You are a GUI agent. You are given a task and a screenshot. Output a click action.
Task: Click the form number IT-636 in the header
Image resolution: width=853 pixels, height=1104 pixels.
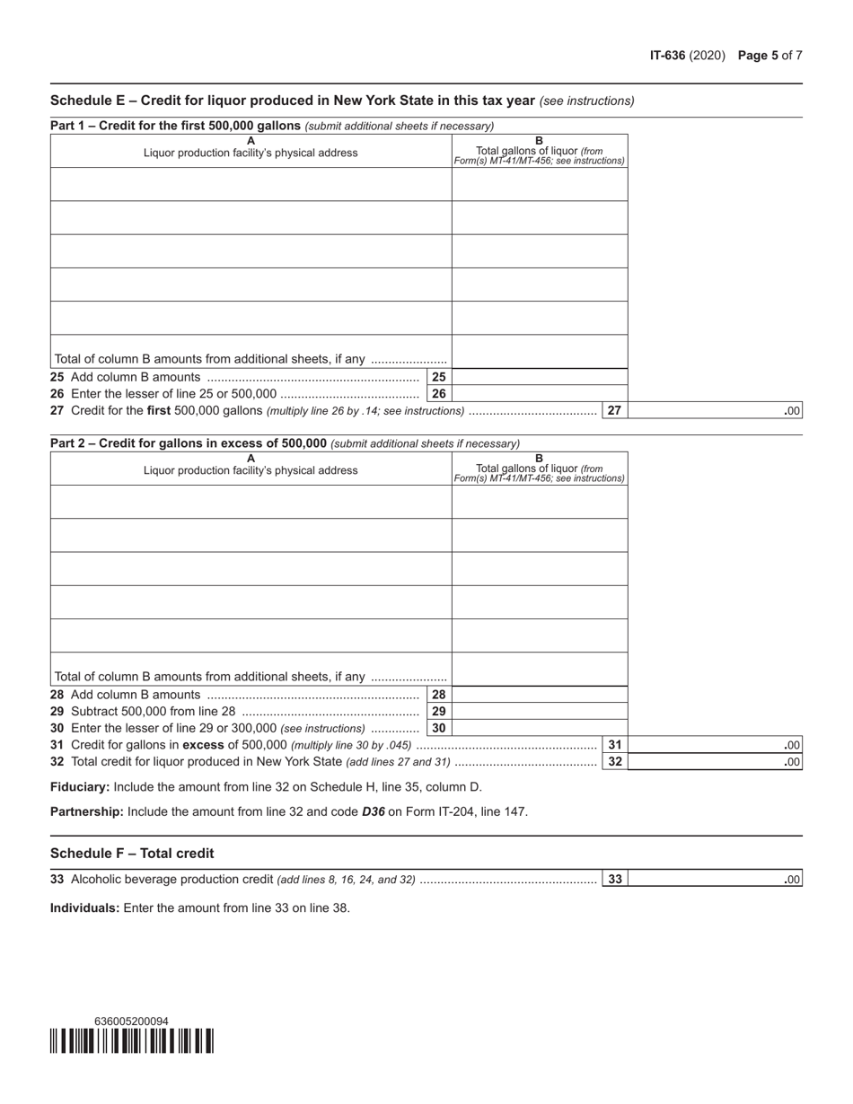(667, 56)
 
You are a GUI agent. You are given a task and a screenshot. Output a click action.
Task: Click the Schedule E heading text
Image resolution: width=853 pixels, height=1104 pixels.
(293, 100)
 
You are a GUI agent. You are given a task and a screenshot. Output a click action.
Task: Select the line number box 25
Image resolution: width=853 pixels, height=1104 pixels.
(438, 377)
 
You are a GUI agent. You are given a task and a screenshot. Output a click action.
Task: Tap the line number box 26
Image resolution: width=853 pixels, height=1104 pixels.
(438, 393)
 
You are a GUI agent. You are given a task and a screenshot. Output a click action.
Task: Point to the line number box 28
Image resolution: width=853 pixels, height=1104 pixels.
(438, 695)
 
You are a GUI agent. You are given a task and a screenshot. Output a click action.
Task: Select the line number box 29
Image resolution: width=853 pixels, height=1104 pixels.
(438, 711)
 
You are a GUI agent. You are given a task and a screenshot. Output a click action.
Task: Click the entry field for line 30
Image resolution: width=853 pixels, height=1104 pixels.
(539, 728)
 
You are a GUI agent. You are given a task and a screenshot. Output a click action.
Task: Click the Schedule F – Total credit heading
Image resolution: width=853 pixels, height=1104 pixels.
(132, 853)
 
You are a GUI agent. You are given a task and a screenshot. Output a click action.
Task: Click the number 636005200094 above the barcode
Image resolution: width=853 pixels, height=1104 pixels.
(131, 1021)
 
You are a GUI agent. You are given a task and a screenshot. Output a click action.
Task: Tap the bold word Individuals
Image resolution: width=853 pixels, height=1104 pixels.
(84, 907)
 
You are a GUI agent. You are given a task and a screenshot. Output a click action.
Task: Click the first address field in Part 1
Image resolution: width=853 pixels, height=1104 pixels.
(251, 184)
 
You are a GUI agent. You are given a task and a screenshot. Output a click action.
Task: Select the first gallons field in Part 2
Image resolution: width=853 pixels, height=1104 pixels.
(539, 502)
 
